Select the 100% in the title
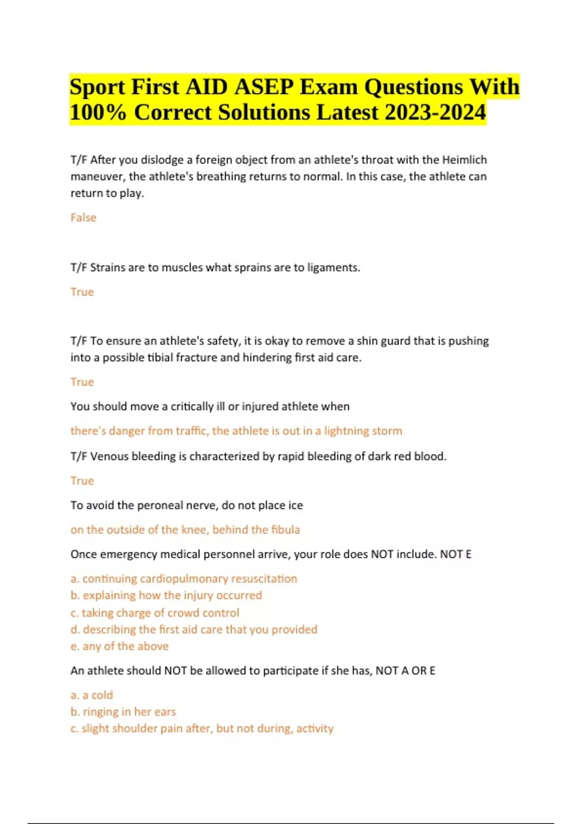point(98,112)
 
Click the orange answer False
point(83,218)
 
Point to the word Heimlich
point(464,160)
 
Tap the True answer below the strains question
point(82,292)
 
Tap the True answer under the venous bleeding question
point(82,481)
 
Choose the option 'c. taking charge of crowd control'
point(155,613)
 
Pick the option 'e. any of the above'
point(119,646)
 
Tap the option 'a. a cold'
point(92,695)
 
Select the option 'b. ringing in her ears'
point(123,712)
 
